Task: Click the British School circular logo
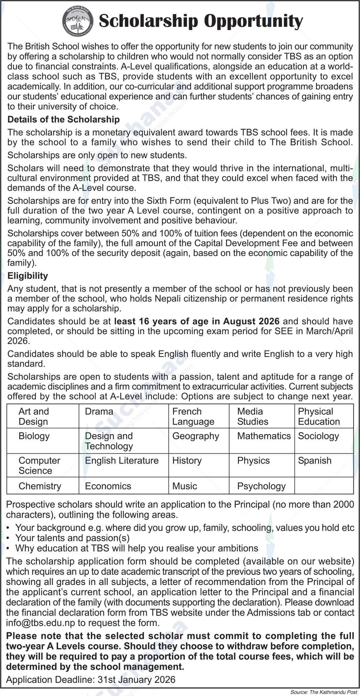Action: pos(78,20)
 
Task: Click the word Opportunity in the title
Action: pos(253,21)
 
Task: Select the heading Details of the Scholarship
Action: pos(63,119)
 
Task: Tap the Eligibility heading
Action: pos(27,276)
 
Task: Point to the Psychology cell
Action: pos(261,486)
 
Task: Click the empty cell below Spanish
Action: pos(324,486)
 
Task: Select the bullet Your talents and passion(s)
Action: pos(72,538)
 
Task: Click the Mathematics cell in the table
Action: pos(264,436)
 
